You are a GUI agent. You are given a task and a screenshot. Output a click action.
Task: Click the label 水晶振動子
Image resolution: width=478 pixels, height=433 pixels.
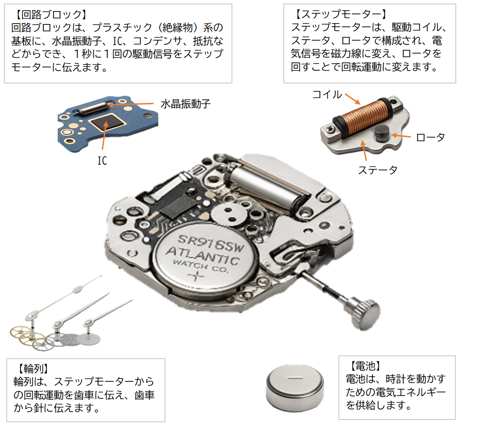click(185, 104)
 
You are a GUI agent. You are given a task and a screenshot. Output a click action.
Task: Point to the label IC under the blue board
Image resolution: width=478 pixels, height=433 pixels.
click(102, 161)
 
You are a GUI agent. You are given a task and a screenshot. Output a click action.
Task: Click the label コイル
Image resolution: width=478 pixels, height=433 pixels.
click(327, 95)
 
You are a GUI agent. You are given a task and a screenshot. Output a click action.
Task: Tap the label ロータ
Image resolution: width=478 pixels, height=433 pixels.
click(430, 137)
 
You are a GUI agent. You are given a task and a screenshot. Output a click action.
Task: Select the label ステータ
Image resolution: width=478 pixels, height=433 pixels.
click(377, 170)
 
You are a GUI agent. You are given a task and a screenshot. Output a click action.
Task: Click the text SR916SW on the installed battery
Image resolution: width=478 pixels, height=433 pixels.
click(211, 243)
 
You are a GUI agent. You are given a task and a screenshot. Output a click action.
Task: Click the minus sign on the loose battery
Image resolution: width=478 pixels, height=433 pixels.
click(295, 378)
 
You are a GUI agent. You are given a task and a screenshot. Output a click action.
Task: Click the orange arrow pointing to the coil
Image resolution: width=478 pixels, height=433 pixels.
click(353, 99)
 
